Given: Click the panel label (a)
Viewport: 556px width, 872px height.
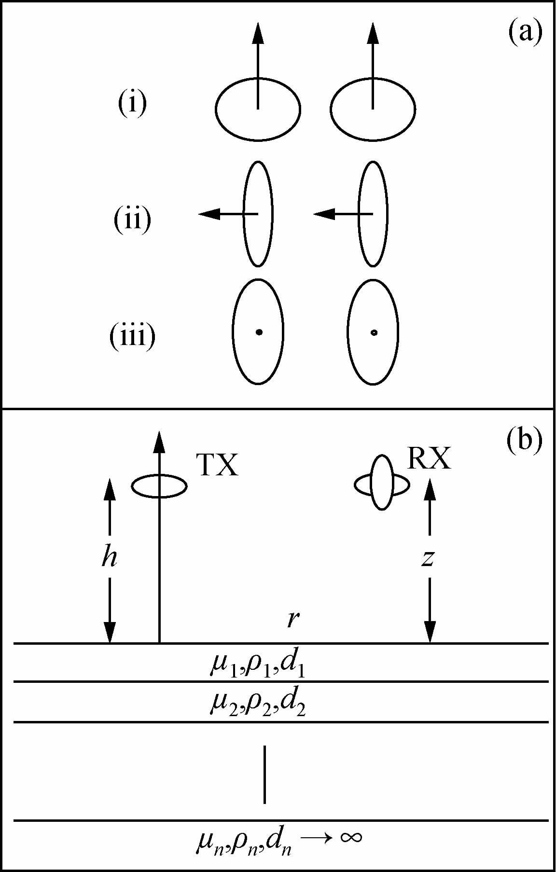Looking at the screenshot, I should click(525, 32).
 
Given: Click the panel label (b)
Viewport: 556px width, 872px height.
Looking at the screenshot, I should click(525, 440).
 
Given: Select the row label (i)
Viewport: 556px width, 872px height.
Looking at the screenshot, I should click(132, 103).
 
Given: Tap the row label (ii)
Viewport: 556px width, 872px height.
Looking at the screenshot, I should click(132, 220).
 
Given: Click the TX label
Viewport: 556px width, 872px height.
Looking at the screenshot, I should click(217, 466).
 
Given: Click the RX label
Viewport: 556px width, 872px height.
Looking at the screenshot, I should click(429, 458).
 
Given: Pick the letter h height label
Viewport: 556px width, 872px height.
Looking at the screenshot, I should click(110, 558).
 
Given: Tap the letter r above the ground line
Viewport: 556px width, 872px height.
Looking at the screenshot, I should click(291, 619).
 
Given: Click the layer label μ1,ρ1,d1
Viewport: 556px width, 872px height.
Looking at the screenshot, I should click(257, 664).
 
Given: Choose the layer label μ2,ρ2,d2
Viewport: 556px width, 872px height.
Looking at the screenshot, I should click(257, 704).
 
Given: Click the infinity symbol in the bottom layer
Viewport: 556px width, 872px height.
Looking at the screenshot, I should click(350, 837).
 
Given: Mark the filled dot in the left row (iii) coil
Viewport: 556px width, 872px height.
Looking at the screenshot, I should click(259, 332).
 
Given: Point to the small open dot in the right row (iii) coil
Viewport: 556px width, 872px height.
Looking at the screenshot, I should click(374, 332).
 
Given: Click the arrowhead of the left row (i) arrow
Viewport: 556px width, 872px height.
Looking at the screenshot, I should click(258, 33).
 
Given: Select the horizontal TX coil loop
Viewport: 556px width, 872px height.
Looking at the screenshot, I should click(159, 486).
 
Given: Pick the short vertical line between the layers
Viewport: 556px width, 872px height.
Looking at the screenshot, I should click(264, 774).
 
